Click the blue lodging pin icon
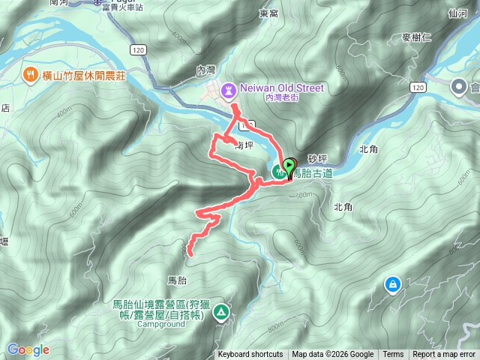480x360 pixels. (x=391, y=285)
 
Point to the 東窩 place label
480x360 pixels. (x=268, y=13)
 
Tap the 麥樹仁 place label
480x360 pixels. (x=417, y=37)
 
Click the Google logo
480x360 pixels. (x=28, y=350)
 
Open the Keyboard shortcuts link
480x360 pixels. (x=250, y=355)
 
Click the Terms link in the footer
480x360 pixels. (x=393, y=355)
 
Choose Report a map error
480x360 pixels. (x=444, y=355)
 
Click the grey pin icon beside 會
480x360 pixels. (x=457, y=88)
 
